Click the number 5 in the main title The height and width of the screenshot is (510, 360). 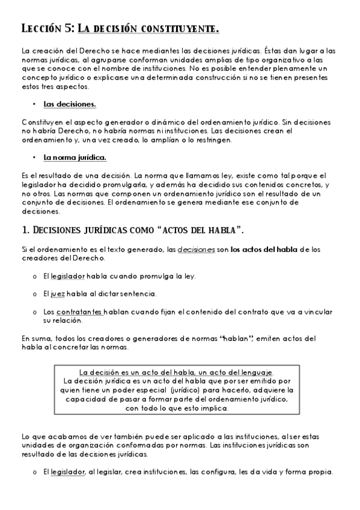pos(70,28)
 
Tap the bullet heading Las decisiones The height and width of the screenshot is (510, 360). pos(70,105)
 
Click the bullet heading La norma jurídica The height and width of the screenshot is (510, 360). pos(75,158)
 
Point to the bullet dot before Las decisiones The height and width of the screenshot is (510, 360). pos(35,105)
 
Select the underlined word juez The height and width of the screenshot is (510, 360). pos(57,293)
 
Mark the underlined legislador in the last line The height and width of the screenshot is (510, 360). pos(68,472)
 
